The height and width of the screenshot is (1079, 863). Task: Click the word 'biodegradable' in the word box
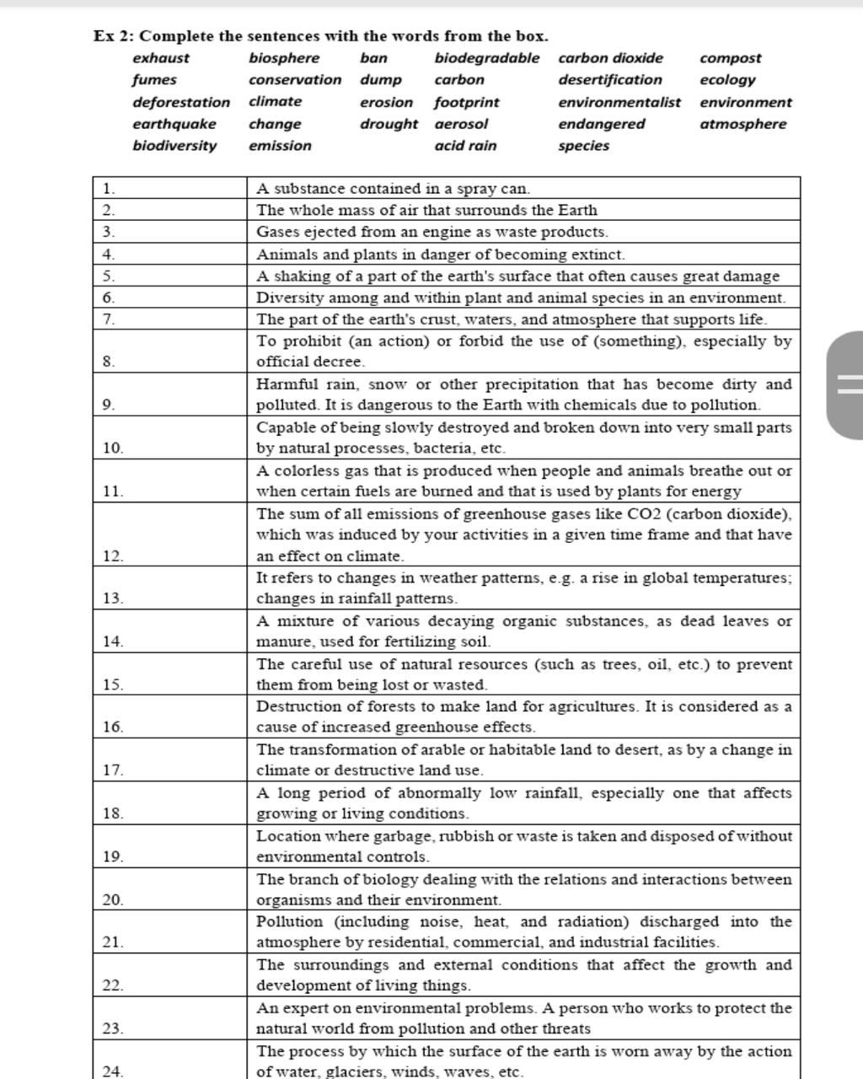point(486,58)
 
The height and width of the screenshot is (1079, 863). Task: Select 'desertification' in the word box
point(610,80)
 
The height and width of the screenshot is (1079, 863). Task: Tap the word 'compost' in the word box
point(730,58)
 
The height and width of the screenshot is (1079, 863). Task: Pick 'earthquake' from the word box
point(174,124)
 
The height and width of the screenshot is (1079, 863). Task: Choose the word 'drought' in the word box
point(389,124)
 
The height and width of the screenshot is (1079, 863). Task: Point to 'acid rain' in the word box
point(465,146)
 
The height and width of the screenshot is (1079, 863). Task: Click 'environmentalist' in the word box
point(619,102)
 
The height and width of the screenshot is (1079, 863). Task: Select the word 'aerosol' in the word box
point(461,124)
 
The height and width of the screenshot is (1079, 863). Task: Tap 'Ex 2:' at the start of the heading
point(113,36)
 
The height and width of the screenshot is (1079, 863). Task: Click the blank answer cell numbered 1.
point(169,189)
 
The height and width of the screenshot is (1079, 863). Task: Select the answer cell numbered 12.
point(169,535)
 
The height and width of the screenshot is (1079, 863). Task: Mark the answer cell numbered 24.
point(169,1061)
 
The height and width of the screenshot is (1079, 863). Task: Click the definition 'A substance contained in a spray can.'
point(394,189)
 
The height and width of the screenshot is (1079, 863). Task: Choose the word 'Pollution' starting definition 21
point(289,922)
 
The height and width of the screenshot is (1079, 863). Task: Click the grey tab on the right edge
point(846,384)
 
